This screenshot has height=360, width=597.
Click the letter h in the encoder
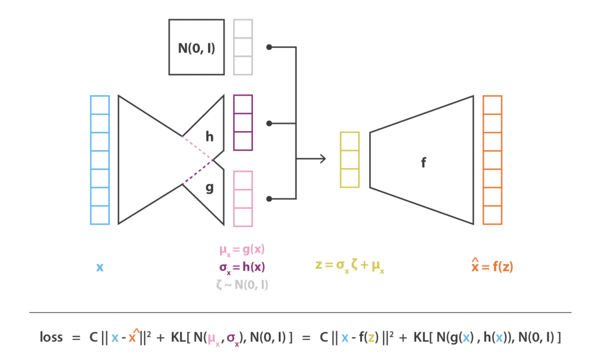coord(209,137)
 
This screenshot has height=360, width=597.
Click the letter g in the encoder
coord(209,187)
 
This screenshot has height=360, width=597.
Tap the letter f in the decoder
coord(423,163)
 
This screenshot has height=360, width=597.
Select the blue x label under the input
coord(100,267)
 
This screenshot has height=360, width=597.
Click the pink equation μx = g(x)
coord(242,250)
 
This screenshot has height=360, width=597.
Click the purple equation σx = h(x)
coord(242,267)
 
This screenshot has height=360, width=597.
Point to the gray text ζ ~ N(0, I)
coord(242,285)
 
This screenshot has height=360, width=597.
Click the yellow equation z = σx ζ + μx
coord(350,265)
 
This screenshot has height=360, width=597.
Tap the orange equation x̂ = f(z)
coord(492,265)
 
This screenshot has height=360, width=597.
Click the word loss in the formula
coord(51,337)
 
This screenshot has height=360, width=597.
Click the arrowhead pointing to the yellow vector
coord(323,159)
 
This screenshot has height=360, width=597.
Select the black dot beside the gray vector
coord(269,47)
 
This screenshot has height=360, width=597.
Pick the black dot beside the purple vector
coord(269,124)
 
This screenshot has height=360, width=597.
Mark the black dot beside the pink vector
coord(269,199)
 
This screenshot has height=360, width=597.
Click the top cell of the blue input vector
coord(100,105)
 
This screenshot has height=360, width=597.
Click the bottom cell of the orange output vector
coord(492,215)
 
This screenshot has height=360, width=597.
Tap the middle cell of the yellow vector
coord(350,160)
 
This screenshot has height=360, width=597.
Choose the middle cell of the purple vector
coord(243,123)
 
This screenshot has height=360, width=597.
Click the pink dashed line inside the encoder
coord(197,148)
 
